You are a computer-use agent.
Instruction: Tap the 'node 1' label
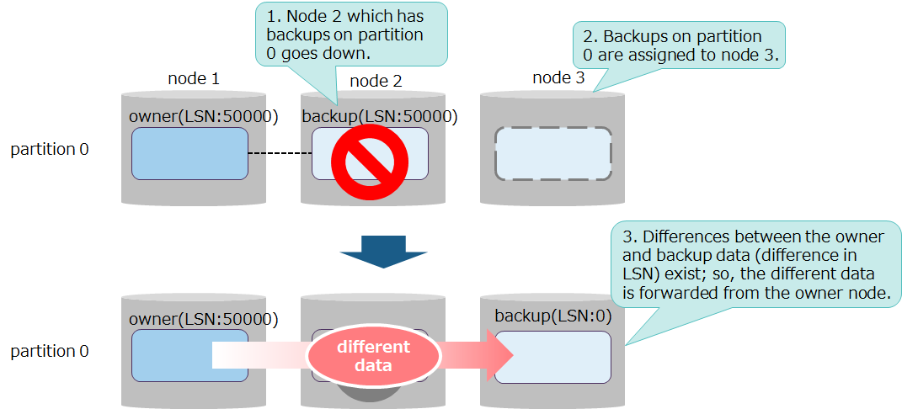coord(194,78)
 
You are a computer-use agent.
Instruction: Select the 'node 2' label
coord(375,81)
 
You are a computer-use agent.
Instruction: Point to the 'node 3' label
coord(558,78)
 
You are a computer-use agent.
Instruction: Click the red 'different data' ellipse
coord(373,355)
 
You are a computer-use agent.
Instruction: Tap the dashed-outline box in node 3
coord(552,153)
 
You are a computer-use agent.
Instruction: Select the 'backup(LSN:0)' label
coord(552,316)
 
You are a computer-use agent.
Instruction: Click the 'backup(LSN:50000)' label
coord(379,116)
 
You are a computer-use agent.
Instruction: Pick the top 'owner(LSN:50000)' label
coord(203,116)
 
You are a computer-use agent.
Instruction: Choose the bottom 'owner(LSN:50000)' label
coord(203,318)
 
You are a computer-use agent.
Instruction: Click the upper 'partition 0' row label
coord(49,150)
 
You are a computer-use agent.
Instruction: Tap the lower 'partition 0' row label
coord(49,352)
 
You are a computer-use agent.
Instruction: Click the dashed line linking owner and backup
coord(280,153)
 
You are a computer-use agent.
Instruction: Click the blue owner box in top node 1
coord(189,153)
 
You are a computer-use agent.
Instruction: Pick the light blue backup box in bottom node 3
coord(552,357)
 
